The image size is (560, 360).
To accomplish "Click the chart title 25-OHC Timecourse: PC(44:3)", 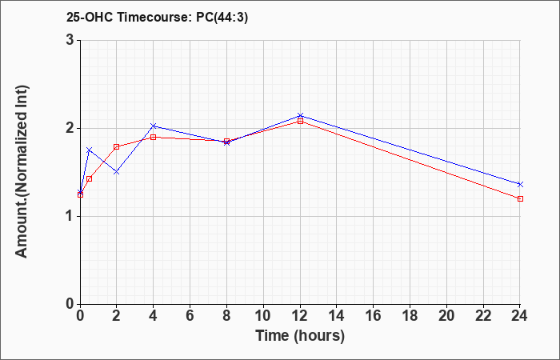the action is (157, 18).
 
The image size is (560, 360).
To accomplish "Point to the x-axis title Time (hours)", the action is (300, 336).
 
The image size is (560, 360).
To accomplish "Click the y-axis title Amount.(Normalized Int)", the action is (22, 171).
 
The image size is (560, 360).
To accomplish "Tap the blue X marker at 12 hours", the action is (300, 116).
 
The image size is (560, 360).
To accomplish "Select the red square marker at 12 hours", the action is (300, 121).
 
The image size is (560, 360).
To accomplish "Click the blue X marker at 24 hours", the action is (520, 184).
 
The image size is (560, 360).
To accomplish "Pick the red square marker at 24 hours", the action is (520, 198).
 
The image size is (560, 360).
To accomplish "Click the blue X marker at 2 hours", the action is (117, 172).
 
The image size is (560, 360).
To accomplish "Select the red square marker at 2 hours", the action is (117, 146).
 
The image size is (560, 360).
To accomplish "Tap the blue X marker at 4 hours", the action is (154, 126).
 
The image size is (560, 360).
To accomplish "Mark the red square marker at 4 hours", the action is (154, 137).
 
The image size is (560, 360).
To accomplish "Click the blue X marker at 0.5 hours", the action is (90, 150).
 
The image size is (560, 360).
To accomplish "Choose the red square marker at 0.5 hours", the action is (90, 178).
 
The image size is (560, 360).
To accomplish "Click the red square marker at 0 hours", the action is (80, 194).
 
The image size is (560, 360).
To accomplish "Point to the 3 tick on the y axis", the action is (70, 40).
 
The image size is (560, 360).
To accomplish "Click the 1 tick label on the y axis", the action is (70, 217).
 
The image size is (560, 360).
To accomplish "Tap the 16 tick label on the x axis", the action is (374, 315).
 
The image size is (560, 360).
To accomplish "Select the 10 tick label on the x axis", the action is (263, 315).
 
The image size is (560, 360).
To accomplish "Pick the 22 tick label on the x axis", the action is (483, 315).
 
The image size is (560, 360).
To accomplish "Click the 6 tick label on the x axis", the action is (190, 315).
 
